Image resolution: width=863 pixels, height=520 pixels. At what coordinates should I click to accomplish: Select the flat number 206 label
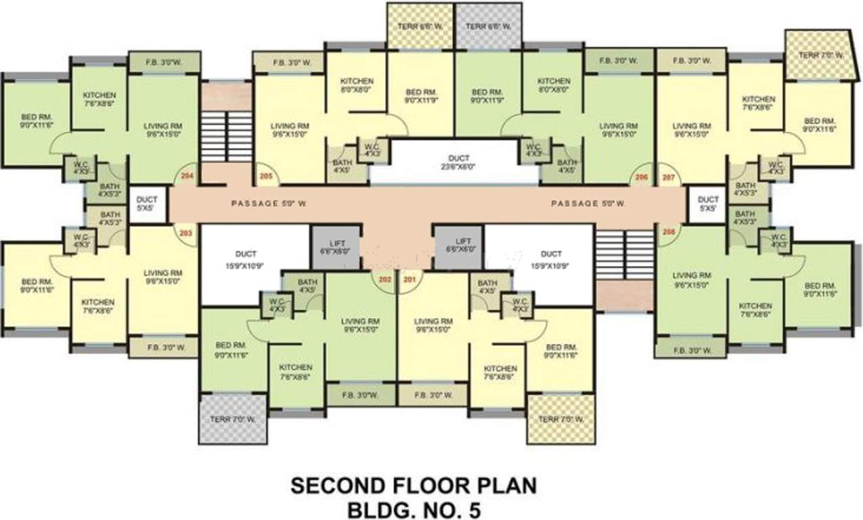click(641, 178)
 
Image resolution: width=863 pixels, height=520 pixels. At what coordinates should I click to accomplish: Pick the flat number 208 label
click(669, 231)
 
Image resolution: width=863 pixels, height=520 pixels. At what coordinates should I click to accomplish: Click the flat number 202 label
click(385, 279)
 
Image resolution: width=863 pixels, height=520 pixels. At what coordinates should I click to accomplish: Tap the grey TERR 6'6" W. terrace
click(487, 26)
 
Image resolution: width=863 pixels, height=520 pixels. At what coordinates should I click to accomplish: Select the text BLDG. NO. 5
click(414, 509)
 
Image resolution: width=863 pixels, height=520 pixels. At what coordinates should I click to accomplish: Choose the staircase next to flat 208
click(625, 255)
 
